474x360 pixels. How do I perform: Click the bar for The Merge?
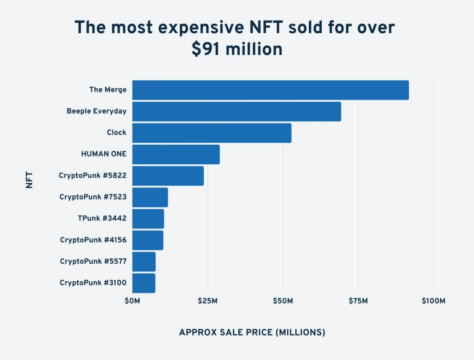270,90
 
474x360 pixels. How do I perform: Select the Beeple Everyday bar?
237,112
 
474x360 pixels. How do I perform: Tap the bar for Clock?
212,133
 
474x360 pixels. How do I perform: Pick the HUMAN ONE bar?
176,154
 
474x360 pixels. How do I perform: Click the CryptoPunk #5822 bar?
168,176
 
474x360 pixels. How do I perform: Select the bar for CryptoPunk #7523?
150,197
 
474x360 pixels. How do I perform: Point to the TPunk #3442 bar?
148,218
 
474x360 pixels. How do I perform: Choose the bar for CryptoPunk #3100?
143,283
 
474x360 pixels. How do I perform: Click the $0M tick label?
132,301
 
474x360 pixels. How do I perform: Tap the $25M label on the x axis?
207,301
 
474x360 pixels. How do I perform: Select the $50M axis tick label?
283,301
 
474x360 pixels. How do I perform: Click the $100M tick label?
433,301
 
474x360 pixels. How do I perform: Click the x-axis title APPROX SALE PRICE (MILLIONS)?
252,332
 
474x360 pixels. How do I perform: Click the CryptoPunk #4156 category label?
93,240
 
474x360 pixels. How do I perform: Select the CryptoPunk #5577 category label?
93,261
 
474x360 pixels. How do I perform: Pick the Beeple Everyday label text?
96,111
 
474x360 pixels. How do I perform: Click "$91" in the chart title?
205,49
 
